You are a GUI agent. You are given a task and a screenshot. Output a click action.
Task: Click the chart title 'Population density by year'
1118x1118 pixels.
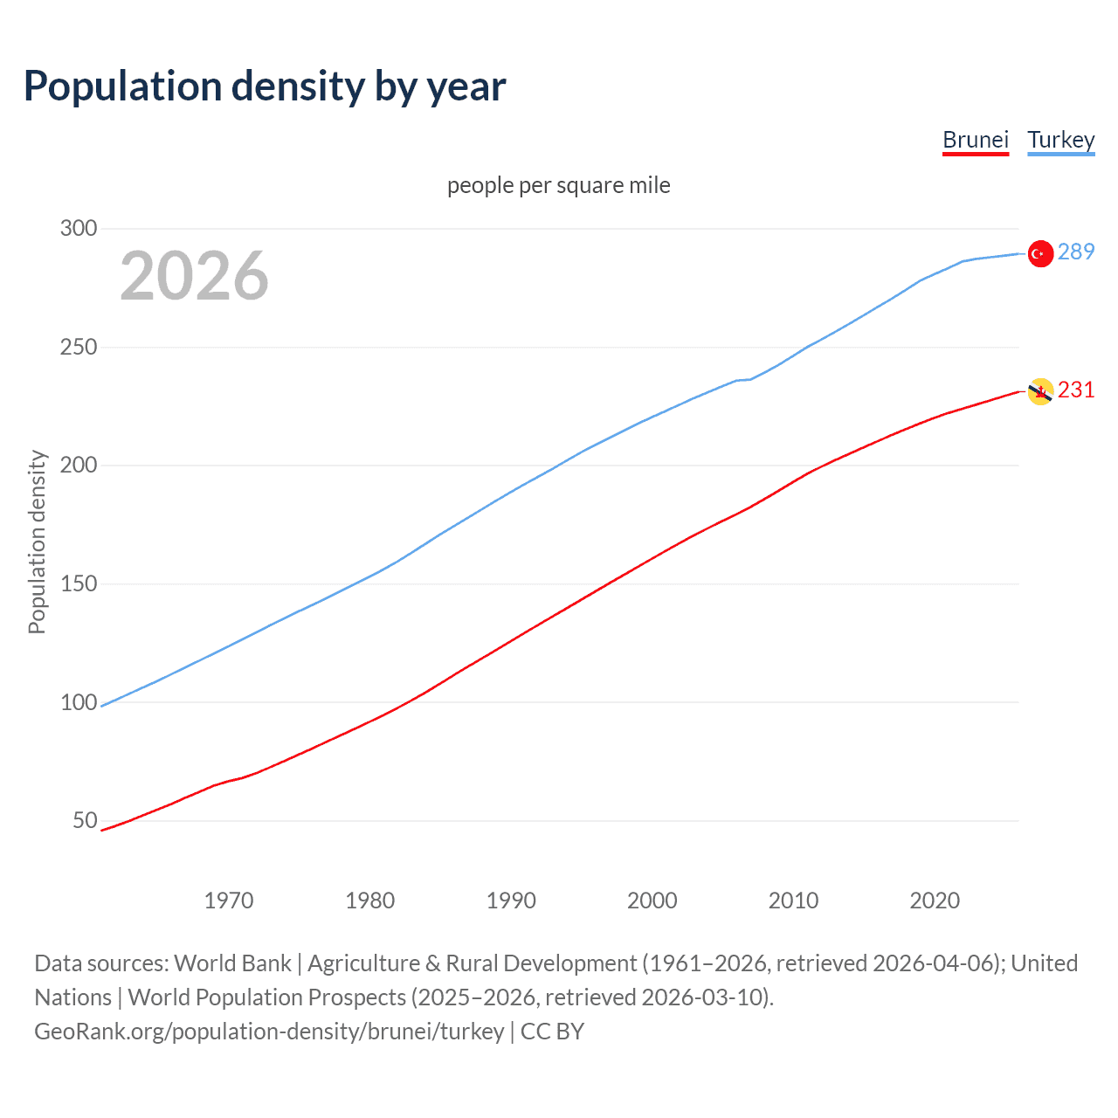pyautogui.click(x=265, y=86)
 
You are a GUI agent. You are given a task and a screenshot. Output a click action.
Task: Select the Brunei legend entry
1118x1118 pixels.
pyautogui.click(x=976, y=140)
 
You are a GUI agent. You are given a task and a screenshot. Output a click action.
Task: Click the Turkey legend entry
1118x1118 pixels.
pyautogui.click(x=1061, y=140)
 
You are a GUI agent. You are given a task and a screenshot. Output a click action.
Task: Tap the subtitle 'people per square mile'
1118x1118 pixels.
pyautogui.click(x=559, y=185)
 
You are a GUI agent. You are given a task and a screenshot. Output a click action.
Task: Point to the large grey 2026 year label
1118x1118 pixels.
pyautogui.click(x=194, y=276)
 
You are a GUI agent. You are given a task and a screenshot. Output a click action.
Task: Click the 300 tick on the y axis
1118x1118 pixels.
pyautogui.click(x=79, y=229)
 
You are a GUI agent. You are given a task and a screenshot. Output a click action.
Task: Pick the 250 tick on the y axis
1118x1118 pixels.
pyautogui.click(x=79, y=347)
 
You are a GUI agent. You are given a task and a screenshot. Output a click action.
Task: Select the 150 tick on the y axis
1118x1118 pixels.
pyautogui.click(x=79, y=583)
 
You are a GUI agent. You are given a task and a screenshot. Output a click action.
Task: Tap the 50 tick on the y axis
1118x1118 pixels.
pyautogui.click(x=85, y=820)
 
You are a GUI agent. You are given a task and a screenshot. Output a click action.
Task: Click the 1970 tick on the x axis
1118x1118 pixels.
pyautogui.click(x=229, y=901)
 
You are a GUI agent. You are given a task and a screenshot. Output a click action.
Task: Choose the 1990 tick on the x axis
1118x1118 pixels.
pyautogui.click(x=511, y=901)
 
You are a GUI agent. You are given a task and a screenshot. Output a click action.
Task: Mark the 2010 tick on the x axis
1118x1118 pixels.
pyautogui.click(x=793, y=901)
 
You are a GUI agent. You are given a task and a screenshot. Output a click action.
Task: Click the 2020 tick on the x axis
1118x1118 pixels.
pyautogui.click(x=935, y=901)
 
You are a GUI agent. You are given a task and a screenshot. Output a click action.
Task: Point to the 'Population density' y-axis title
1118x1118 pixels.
pyautogui.click(x=37, y=542)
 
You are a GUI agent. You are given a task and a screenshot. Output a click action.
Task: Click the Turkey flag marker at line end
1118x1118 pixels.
pyautogui.click(x=1039, y=253)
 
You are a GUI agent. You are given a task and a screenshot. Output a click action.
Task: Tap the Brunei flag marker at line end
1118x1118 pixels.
pyautogui.click(x=1039, y=391)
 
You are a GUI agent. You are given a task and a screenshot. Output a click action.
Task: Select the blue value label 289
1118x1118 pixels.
pyautogui.click(x=1076, y=252)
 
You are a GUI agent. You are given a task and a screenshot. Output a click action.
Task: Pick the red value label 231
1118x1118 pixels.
pyautogui.click(x=1076, y=390)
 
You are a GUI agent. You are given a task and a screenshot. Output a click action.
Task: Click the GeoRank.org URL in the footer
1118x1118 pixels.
pyautogui.click(x=269, y=1032)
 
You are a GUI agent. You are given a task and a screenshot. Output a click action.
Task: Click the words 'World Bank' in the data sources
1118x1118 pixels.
pyautogui.click(x=232, y=963)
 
